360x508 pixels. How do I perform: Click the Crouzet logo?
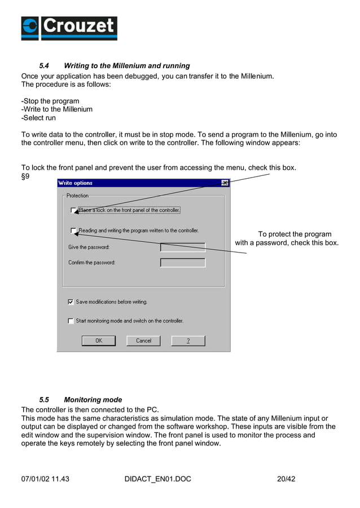(69, 28)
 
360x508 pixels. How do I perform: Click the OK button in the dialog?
(98, 341)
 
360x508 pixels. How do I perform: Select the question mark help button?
(188, 341)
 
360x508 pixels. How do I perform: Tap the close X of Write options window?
(225, 183)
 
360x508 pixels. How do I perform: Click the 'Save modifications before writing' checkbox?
(71, 302)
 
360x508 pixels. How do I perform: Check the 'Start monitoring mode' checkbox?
(71, 321)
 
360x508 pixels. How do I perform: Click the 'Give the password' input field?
(182, 248)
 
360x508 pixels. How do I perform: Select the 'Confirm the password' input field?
(182, 263)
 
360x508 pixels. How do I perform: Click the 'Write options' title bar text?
(75, 183)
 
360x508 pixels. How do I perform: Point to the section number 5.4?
(44, 66)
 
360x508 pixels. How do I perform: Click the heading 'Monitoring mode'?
(93, 400)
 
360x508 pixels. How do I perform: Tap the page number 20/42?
(286, 479)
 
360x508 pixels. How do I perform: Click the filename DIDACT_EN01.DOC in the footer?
(157, 479)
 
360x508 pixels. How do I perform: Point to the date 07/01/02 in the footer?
(36, 479)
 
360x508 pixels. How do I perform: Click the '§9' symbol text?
(25, 176)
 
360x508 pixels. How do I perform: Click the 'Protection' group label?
(77, 196)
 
